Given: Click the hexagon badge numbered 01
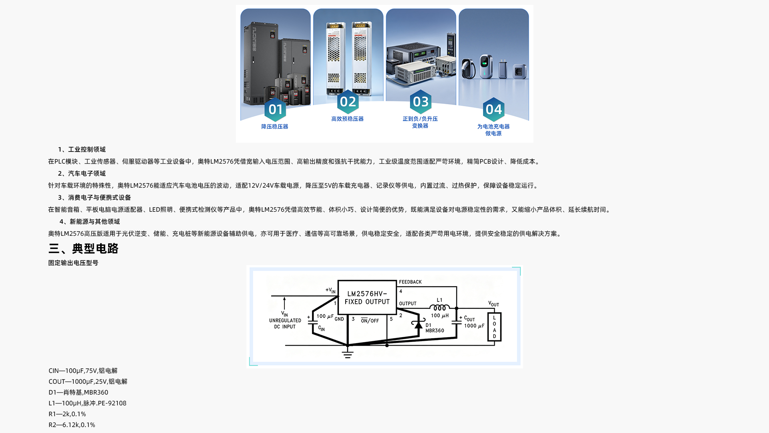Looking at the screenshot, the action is click(x=275, y=109).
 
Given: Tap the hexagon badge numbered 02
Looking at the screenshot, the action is click(x=348, y=102).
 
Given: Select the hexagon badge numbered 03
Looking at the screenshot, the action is click(x=421, y=102).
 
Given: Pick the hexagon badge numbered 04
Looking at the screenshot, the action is click(x=493, y=109).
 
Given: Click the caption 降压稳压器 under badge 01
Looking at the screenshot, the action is click(x=275, y=127).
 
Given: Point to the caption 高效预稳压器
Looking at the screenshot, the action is click(x=347, y=119).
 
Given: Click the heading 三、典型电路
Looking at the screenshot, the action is click(x=83, y=249).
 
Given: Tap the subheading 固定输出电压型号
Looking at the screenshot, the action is click(x=73, y=263).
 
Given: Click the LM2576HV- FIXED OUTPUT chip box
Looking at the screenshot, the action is click(x=367, y=297).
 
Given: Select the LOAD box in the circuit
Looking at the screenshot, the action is click(x=494, y=327).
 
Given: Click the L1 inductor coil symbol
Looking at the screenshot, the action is click(x=440, y=308).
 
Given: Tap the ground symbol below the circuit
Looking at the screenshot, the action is click(x=348, y=353).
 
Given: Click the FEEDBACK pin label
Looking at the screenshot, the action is click(x=410, y=282).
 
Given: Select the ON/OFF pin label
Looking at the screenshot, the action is click(x=370, y=321).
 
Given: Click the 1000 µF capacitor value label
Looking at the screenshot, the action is click(x=474, y=326).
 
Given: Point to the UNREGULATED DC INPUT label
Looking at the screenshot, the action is click(x=285, y=324).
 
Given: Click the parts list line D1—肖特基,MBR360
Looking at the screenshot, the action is click(x=79, y=393).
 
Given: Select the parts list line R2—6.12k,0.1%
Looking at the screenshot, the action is click(x=72, y=425).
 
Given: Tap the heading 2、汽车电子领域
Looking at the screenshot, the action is click(x=82, y=174).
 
